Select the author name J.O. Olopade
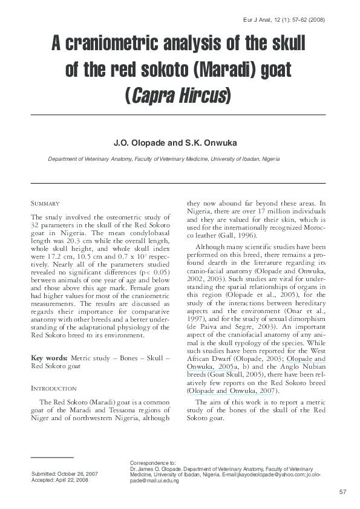[x=139, y=143]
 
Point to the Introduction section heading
[x=54, y=388]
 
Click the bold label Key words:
[x=50, y=358]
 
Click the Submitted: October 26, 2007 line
[x=65, y=474]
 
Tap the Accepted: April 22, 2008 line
[x=61, y=481]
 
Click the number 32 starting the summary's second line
[x=35, y=225]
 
